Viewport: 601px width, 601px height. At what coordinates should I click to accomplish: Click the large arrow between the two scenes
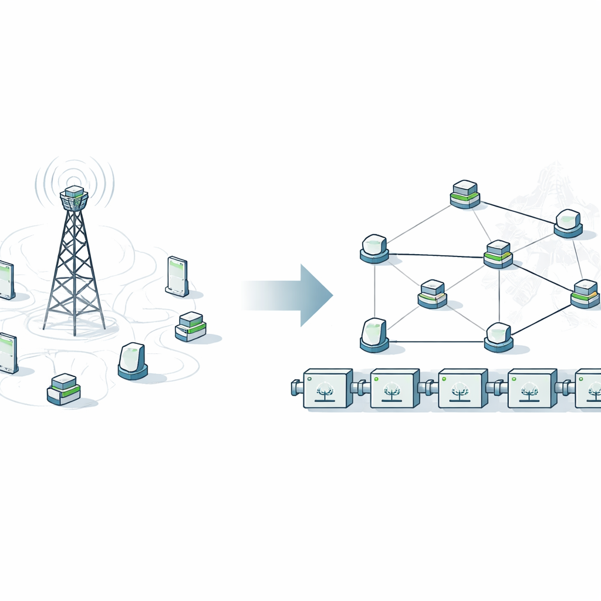click(293, 295)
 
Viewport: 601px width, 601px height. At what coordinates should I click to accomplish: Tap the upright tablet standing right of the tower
click(177, 275)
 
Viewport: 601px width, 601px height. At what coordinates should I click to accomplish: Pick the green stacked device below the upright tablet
click(191, 327)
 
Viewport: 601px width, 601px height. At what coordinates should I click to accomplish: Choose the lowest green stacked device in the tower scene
click(63, 389)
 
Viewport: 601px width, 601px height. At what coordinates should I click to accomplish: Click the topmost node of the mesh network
click(465, 194)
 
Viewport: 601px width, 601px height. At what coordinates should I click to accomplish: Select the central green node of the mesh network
click(498, 254)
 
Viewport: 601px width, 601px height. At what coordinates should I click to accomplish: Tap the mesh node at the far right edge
click(585, 293)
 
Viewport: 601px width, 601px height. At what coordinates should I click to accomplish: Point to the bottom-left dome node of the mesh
click(374, 335)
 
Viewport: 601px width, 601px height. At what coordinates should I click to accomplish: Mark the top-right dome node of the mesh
click(568, 223)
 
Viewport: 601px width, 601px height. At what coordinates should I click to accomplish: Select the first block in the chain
click(327, 388)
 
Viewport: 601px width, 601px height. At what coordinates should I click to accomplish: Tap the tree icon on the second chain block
click(391, 391)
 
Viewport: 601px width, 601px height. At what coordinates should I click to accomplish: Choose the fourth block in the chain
click(531, 388)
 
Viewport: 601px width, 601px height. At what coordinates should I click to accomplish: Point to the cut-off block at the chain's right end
click(589, 388)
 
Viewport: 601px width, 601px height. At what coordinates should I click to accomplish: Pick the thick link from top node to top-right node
click(516, 212)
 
